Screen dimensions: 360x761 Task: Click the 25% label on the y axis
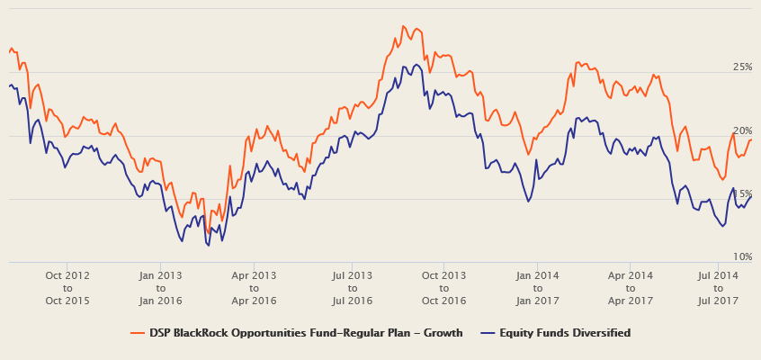coord(742,67)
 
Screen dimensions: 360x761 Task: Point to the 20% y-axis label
coord(742,130)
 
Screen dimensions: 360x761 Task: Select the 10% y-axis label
coord(742,256)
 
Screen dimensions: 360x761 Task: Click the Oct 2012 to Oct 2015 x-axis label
coord(67,287)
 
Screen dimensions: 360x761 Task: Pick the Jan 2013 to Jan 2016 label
coord(162,287)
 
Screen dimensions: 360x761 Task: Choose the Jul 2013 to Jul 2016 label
coord(352,287)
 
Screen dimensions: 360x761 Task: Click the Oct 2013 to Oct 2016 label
coord(443,287)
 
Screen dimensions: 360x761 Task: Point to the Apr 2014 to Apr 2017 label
coord(631,287)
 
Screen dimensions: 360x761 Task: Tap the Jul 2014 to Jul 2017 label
coord(717,287)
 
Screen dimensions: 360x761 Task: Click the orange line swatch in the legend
coord(138,333)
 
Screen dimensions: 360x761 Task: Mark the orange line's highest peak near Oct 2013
coord(406,27)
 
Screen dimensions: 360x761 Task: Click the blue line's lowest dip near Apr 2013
coord(208,245)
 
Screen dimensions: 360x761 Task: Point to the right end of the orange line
coord(751,139)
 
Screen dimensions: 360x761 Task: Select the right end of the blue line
coord(751,196)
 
